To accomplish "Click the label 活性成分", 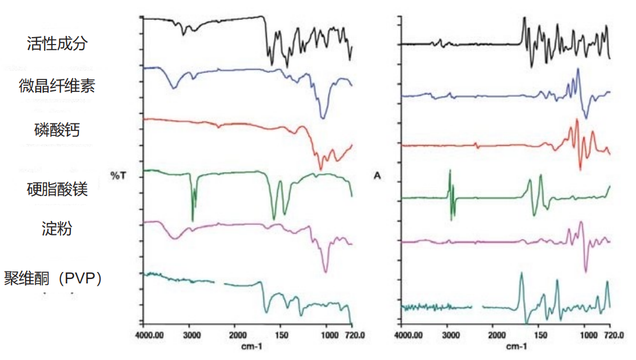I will pos(57,43).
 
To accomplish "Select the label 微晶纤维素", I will pos(57,86).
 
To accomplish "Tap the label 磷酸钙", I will pos(57,130).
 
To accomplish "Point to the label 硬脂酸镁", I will pos(57,189).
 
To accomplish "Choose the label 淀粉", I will pos(57,229).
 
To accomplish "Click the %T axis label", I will pos(118,175).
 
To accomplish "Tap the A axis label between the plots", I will pos(377,175).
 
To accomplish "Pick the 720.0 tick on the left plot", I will pos(352,335).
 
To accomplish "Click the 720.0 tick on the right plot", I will pos(611,335).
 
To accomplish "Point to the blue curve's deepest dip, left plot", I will pos(323,117).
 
